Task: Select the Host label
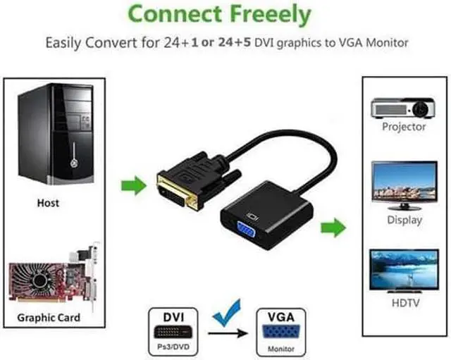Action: point(48,203)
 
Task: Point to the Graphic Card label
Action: point(49,318)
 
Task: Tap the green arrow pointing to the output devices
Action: point(333,228)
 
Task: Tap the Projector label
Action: point(404,128)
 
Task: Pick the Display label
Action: point(405,220)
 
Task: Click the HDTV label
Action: point(405,304)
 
